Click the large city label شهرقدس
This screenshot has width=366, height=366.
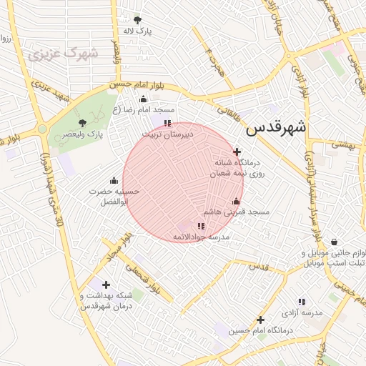276,129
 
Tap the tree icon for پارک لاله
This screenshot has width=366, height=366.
137,20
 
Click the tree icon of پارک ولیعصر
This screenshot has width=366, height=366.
82,123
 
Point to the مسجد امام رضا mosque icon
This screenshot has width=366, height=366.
143,99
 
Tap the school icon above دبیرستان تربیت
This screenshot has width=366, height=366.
167,123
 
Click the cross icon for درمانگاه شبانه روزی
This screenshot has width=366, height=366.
237,152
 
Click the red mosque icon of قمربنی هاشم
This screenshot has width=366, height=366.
236,201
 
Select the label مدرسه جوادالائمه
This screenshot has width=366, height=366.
200,236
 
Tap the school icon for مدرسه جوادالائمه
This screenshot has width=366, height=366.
200,226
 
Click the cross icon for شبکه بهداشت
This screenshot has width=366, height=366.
107,285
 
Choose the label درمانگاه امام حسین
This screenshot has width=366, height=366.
262,331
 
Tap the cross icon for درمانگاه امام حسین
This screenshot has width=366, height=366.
261,320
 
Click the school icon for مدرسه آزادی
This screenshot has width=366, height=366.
302,302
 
